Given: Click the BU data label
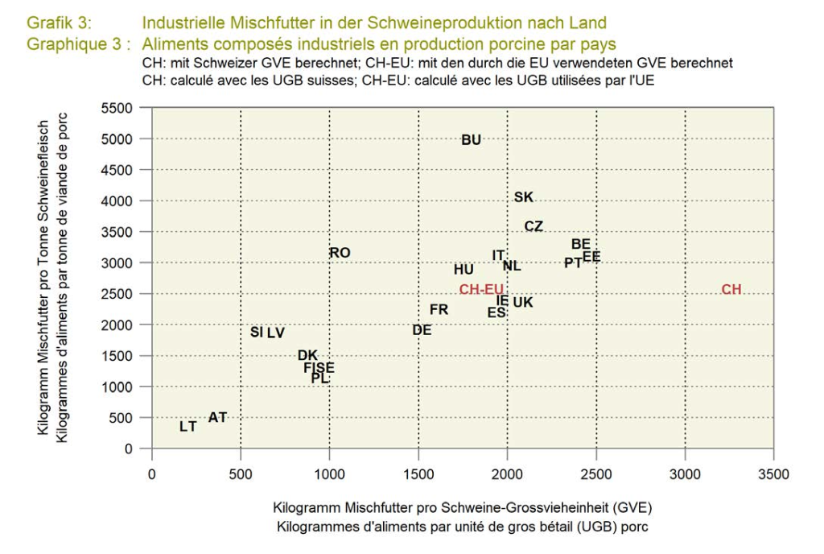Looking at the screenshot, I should pos(472,140).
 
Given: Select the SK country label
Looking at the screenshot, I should pos(524,197).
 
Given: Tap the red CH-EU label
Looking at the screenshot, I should pos(481,290).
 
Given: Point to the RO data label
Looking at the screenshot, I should pos(340,253).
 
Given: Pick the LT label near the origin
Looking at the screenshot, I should pos(188,427).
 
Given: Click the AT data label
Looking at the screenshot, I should pos(218,417).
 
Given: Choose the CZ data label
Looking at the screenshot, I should pos(534,226).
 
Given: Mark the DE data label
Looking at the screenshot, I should pos(422,330).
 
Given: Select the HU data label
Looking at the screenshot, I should pos(463,270).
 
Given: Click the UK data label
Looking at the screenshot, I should pos(523,303).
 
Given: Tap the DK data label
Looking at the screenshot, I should pos(307,355).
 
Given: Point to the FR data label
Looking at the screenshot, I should pos(439,309).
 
